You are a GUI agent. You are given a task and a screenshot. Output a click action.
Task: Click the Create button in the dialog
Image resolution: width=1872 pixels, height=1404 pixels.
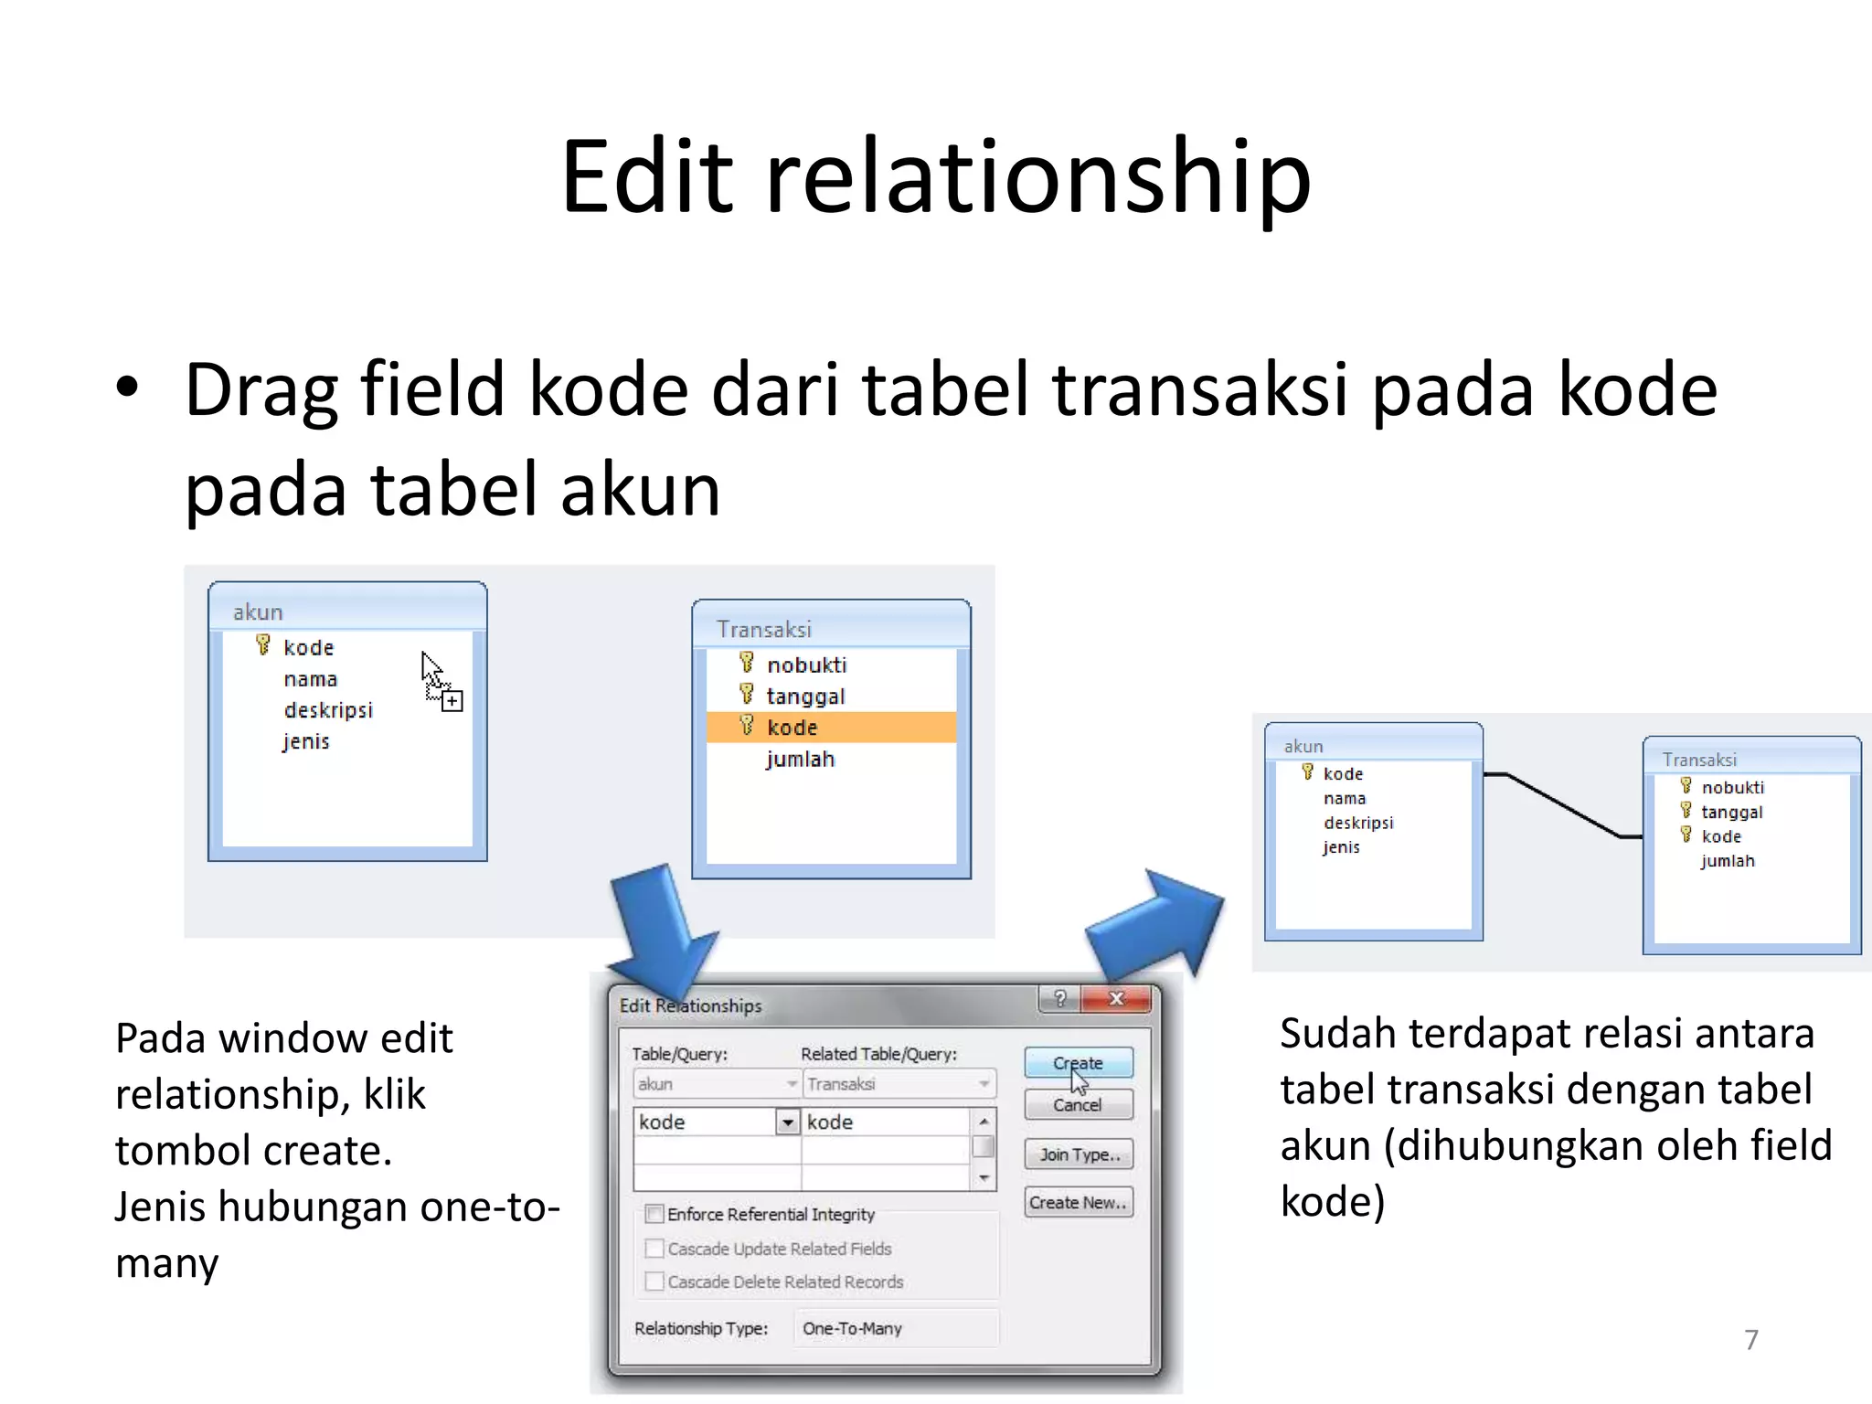tap(1078, 1063)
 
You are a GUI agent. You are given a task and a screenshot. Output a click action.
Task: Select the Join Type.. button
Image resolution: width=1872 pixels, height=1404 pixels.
tap(1079, 1154)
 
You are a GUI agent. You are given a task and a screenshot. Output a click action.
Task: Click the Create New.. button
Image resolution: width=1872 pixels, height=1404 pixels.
tap(1078, 1203)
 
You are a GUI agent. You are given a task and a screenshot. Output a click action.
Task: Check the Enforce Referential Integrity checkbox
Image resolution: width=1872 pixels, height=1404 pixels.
tap(654, 1214)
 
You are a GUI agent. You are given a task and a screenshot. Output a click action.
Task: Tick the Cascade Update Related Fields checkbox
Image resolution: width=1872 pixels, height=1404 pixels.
tap(654, 1249)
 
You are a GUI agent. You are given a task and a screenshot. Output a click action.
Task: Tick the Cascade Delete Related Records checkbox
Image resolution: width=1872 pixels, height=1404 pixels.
tap(654, 1282)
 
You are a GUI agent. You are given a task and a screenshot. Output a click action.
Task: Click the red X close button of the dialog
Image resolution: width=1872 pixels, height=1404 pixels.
tap(1116, 999)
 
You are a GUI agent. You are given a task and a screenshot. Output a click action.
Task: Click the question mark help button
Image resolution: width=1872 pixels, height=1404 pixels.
tap(1060, 999)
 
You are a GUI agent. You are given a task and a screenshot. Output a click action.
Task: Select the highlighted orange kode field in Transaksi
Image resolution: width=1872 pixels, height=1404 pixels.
tap(792, 728)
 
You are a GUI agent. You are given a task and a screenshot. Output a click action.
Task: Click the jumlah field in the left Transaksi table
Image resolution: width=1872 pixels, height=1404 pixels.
tap(800, 760)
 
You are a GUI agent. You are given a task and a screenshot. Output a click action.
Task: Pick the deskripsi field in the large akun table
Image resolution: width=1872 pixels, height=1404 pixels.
tap(328, 710)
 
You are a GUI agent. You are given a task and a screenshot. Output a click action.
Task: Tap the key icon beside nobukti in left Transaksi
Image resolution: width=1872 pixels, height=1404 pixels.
tap(747, 663)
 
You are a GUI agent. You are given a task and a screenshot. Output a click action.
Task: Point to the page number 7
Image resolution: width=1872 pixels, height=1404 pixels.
tap(1750, 1340)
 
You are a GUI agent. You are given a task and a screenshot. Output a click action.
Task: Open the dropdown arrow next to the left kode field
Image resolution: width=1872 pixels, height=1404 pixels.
tap(787, 1122)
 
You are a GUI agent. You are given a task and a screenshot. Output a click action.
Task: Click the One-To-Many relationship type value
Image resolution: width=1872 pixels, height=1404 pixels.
tap(852, 1328)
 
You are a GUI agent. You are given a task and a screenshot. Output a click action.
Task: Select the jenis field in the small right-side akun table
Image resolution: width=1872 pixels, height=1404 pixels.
tap(1341, 847)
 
